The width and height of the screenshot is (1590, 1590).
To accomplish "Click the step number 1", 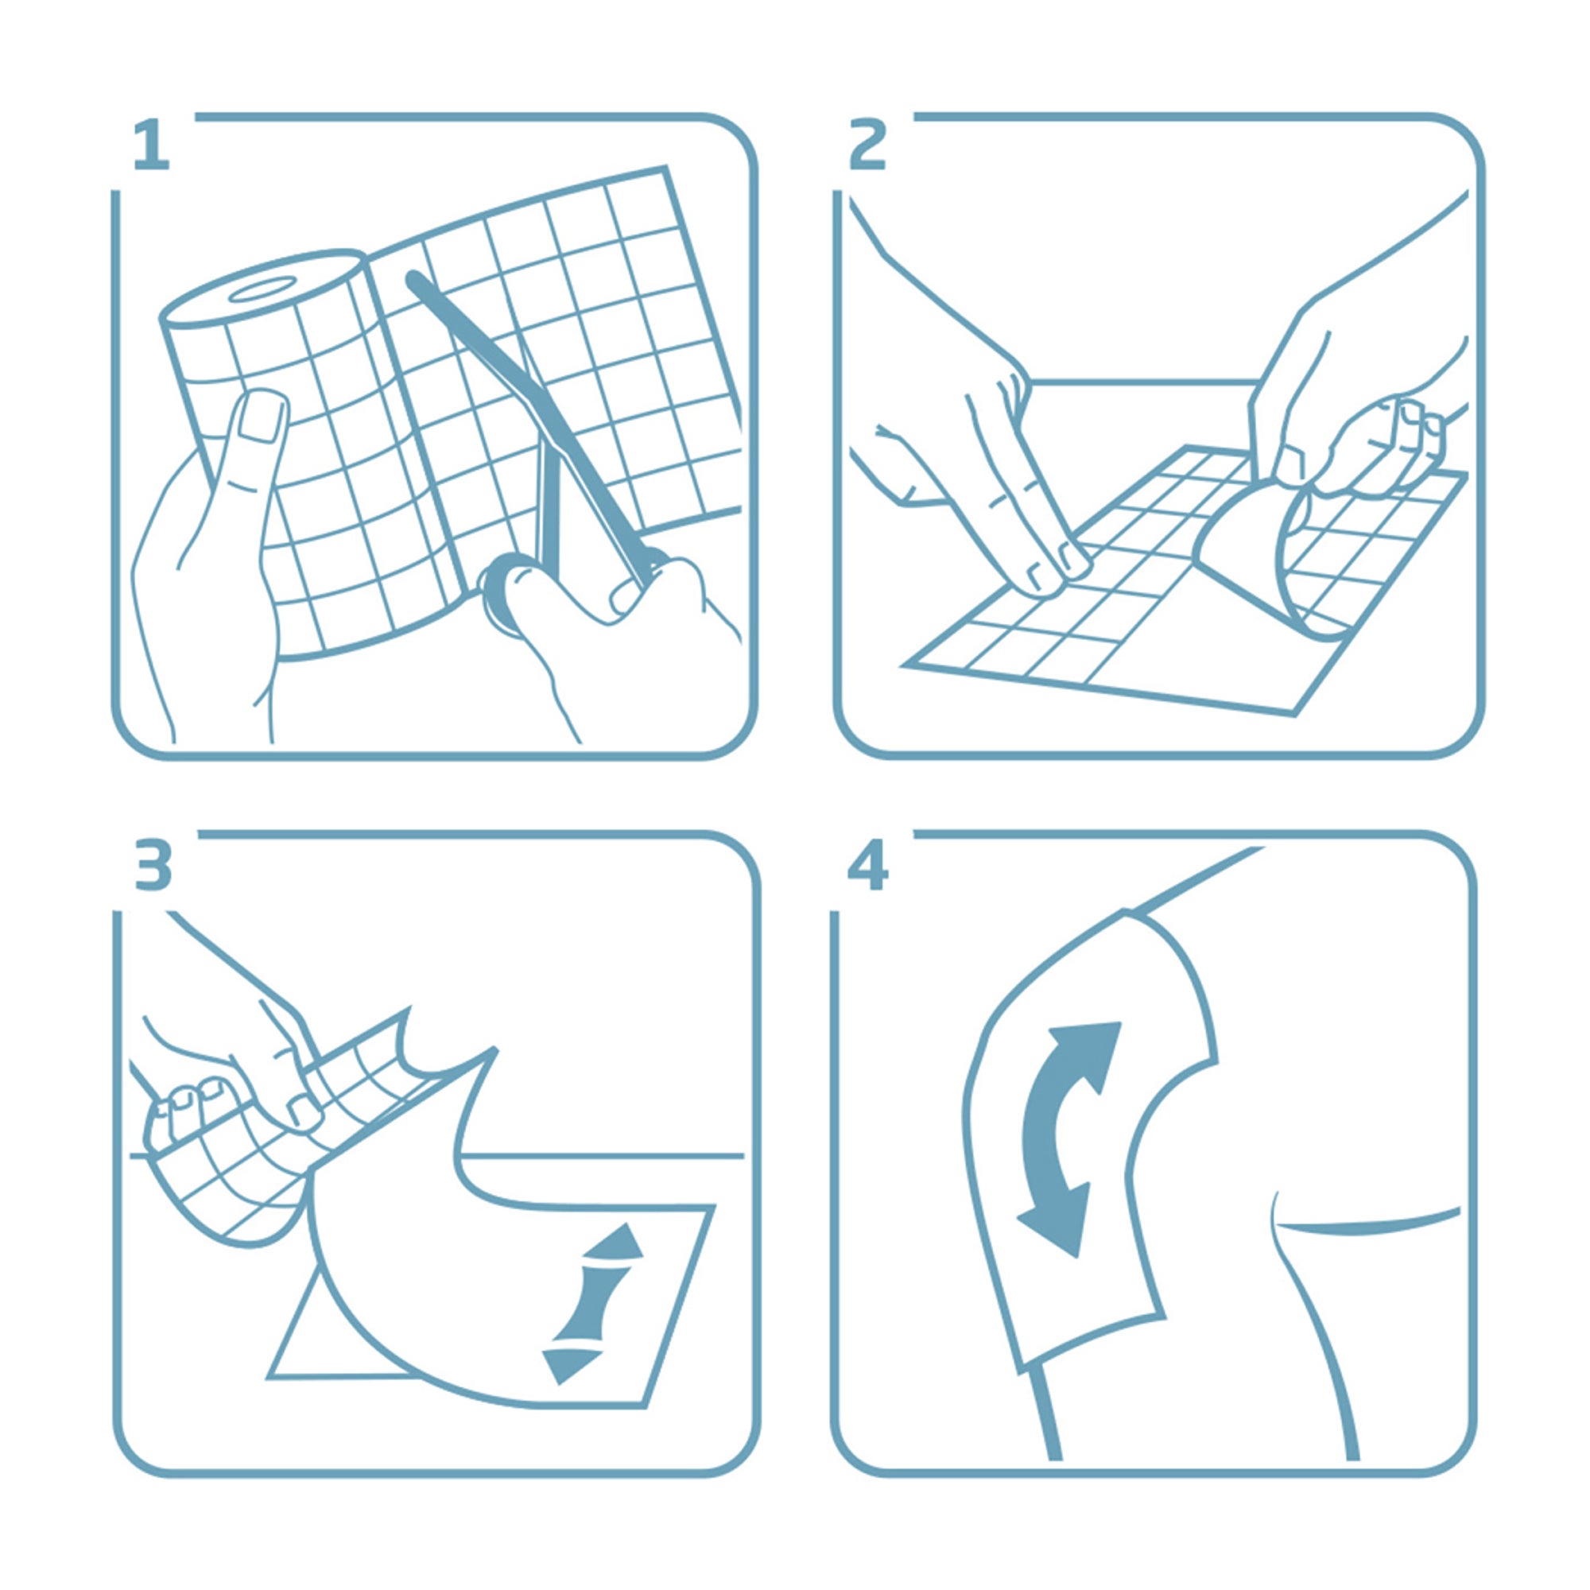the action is pyautogui.click(x=153, y=145).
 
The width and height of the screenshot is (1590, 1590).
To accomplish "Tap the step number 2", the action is pyautogui.click(x=868, y=145).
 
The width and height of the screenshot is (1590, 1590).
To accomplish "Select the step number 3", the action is pyautogui.click(x=154, y=865).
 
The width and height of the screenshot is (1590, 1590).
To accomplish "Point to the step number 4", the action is pyautogui.click(x=867, y=865).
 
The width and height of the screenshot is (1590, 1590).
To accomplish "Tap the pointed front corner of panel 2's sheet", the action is pyautogui.click(x=906, y=664).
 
